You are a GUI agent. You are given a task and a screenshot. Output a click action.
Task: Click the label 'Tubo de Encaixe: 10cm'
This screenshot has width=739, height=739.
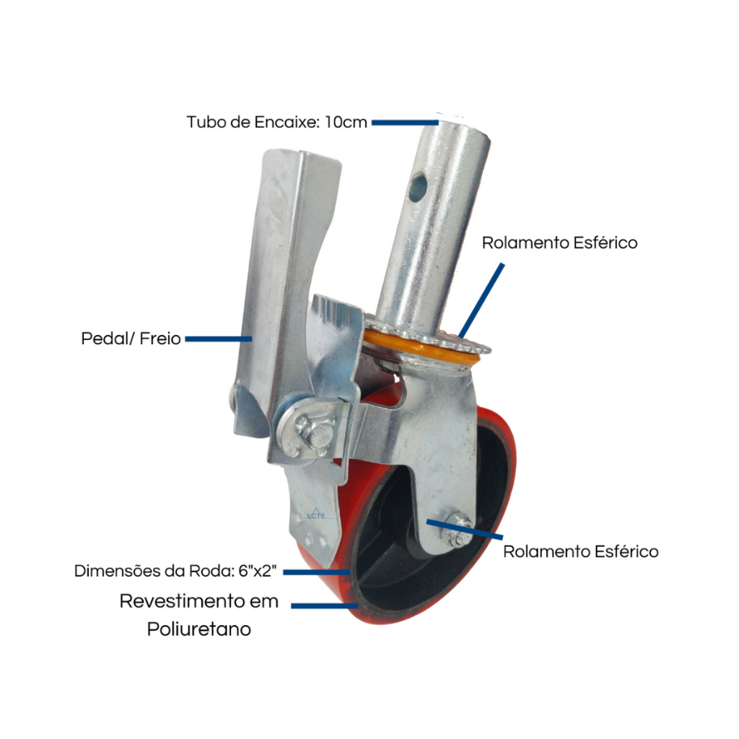pyautogui.click(x=276, y=122)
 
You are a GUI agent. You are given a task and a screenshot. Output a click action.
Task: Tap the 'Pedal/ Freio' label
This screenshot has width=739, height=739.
pyautogui.click(x=131, y=338)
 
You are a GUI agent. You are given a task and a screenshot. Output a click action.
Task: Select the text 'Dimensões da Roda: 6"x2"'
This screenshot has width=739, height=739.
pyautogui.click(x=175, y=571)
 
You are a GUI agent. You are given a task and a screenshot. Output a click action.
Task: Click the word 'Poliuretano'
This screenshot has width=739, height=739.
pyautogui.click(x=199, y=629)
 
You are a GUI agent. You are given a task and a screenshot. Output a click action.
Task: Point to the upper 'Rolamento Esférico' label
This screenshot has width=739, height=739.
pyautogui.click(x=559, y=242)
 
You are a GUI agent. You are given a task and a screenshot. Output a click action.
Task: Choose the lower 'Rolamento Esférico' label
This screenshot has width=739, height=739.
pyautogui.click(x=581, y=551)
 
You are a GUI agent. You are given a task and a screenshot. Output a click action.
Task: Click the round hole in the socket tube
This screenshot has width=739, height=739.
pyautogui.click(x=418, y=187)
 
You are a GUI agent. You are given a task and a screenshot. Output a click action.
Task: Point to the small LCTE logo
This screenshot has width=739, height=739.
pyautogui.click(x=316, y=515)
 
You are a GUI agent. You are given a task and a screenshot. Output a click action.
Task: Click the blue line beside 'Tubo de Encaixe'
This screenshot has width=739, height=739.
pyautogui.click(x=405, y=123)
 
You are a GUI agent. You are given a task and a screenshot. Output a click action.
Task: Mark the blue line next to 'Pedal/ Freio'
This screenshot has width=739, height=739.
pyautogui.click(x=219, y=339)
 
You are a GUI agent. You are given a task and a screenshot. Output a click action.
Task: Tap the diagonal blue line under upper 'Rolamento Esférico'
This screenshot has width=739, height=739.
pyautogui.click(x=481, y=301)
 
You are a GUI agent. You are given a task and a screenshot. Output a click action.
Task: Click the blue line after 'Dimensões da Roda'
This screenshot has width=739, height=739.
pyautogui.click(x=316, y=572)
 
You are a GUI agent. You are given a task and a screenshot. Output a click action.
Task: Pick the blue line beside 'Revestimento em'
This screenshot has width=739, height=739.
pyautogui.click(x=325, y=605)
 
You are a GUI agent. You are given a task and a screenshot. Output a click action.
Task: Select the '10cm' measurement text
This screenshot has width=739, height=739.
pyautogui.click(x=346, y=122)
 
